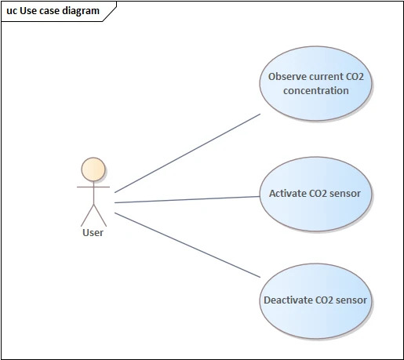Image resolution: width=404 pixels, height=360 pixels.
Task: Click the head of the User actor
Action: point(93,169)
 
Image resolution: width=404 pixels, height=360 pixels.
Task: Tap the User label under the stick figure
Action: point(93,233)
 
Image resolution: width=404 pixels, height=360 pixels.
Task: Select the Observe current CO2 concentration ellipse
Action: point(315,84)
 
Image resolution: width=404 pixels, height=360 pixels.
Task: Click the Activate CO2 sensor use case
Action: point(315,194)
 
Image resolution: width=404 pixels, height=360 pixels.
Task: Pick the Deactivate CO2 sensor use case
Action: point(315,301)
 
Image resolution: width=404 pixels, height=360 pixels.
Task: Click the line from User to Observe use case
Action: point(187,153)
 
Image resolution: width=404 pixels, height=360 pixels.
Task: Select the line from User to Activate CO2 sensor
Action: point(187,199)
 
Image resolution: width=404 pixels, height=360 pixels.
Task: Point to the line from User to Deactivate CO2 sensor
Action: point(187,245)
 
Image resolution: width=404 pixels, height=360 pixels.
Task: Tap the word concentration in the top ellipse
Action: point(316,91)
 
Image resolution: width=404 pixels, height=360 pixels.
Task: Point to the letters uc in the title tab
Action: point(12,11)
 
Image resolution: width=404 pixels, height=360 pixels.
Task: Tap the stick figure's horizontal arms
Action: point(93,187)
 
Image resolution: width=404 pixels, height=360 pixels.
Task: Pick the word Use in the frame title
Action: point(28,11)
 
